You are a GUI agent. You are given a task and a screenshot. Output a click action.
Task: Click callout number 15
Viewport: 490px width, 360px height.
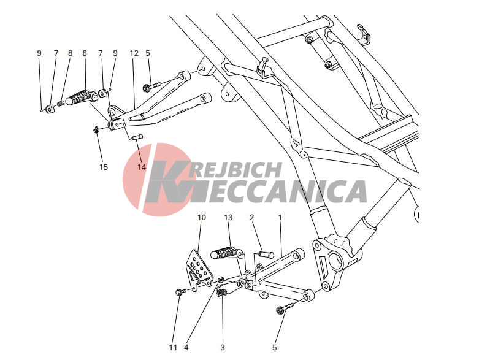pos(104,167)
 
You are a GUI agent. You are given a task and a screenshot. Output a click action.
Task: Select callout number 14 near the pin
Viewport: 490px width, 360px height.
pos(142,167)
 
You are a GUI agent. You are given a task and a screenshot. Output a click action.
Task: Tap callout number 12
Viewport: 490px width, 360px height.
pos(134,53)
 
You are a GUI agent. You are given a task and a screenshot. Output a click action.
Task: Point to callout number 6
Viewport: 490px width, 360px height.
pos(85,53)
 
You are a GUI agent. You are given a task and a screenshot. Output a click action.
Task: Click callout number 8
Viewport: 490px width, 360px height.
pos(70,53)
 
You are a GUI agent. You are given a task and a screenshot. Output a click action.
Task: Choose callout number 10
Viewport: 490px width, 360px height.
pos(202,217)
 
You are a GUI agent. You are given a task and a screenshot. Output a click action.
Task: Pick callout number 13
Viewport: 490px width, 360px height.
pos(228,217)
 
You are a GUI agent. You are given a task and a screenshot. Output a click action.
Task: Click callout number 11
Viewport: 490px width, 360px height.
pos(173,347)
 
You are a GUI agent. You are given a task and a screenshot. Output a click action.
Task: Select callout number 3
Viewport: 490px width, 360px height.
pos(223,347)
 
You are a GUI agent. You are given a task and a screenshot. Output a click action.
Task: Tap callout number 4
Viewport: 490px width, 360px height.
pos(186,347)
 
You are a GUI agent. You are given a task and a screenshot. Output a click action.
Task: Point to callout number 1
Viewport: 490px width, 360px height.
pos(280,217)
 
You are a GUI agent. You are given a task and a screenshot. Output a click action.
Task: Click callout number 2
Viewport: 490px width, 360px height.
pos(252,217)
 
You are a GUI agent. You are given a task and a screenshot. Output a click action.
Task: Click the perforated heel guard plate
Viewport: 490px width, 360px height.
pos(199,269)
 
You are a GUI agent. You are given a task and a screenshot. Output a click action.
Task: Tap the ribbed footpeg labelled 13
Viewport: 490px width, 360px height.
pos(226,252)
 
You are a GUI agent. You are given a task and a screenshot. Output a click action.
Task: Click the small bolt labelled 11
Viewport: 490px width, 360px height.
pos(181,292)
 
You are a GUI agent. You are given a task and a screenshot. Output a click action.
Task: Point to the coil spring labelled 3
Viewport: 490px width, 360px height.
pos(222,292)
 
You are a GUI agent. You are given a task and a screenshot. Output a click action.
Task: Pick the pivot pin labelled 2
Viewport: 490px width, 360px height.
pos(266,254)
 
